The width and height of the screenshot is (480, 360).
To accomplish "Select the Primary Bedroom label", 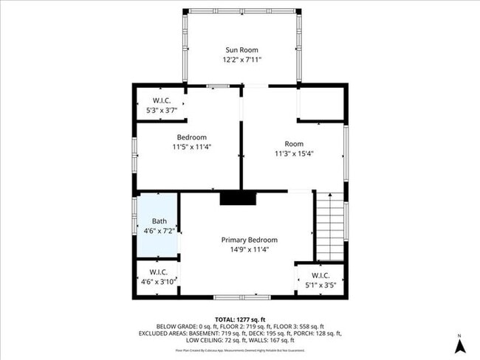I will click(250, 240).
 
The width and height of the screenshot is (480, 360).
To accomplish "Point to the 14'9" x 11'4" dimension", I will click(250, 249).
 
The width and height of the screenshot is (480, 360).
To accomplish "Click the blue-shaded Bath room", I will click(158, 225).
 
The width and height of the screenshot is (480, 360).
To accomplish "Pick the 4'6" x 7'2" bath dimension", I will click(160, 231).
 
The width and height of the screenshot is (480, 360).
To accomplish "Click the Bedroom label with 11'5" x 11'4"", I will click(191, 137).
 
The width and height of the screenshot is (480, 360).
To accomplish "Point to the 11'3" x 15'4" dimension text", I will click(294, 153).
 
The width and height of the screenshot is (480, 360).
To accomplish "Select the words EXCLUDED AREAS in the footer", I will click(162, 333).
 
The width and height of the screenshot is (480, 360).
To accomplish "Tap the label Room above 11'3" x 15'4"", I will click(294, 144).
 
